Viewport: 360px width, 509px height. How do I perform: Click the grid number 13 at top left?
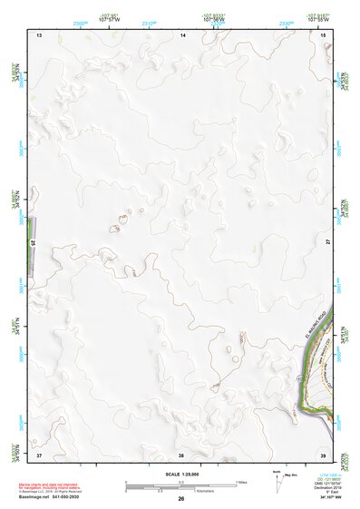(39, 34)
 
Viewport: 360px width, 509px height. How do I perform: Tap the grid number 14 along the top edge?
(182, 34)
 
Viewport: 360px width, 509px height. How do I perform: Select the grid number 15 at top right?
(324, 34)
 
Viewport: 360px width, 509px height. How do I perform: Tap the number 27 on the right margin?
(328, 242)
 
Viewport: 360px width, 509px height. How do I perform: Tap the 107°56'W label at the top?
(214, 19)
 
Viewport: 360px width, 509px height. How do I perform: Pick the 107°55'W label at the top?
(317, 19)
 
